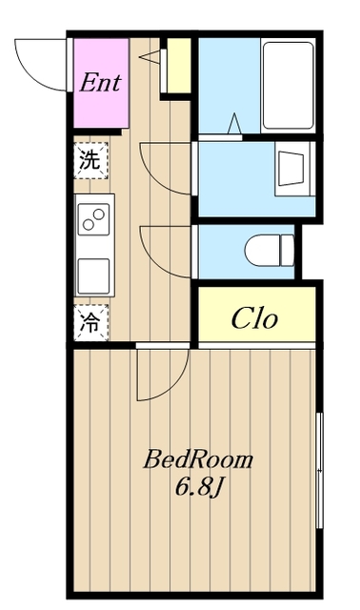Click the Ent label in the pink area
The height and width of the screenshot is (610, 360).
click(x=100, y=83)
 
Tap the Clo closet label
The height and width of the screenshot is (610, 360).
click(x=254, y=318)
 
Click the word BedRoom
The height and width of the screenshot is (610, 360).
click(x=198, y=459)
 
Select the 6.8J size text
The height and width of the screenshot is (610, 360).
click(x=198, y=486)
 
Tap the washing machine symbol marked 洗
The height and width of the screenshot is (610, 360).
click(x=91, y=160)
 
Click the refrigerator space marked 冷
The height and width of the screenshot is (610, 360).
click(x=91, y=322)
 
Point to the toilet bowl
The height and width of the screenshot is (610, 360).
click(x=270, y=250)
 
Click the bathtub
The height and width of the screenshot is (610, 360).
click(x=288, y=86)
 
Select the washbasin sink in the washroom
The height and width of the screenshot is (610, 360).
click(x=291, y=169)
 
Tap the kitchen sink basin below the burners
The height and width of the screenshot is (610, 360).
click(x=93, y=276)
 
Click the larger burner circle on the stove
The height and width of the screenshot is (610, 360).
click(x=99, y=213)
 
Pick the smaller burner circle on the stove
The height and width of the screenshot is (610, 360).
click(x=89, y=225)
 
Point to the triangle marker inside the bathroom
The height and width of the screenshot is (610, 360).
click(x=234, y=124)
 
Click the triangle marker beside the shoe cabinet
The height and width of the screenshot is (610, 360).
click(x=150, y=57)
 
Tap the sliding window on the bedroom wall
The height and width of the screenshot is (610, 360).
click(x=319, y=470)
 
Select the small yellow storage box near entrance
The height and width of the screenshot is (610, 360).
click(x=178, y=66)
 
